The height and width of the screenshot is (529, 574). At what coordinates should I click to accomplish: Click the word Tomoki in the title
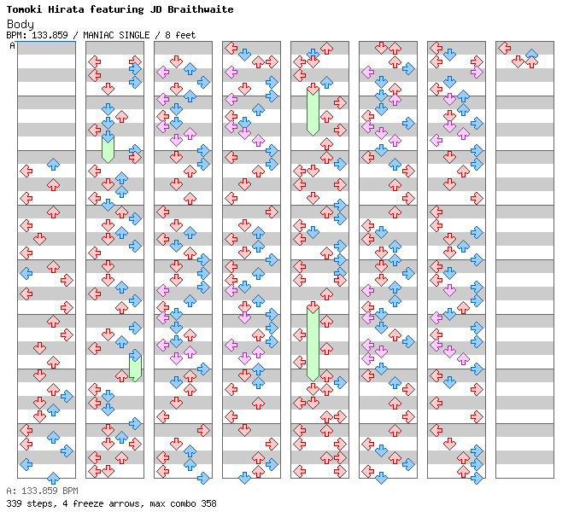pos(24,9)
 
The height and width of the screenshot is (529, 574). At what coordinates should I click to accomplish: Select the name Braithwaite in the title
pos(201,9)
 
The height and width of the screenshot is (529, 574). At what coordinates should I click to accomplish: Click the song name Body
pos(20,25)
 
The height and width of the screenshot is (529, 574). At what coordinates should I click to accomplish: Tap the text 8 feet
pos(180,35)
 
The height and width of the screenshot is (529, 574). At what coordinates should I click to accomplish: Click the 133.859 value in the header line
pos(50,35)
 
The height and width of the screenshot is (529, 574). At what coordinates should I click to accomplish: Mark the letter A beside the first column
pos(13,46)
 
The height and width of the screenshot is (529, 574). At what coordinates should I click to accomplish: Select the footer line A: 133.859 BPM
pos(42,491)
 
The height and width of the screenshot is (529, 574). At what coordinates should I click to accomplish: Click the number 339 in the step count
pos(14,503)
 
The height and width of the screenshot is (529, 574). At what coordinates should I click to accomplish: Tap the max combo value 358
pos(208,503)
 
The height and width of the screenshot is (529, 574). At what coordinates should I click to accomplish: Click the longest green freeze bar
pos(313,344)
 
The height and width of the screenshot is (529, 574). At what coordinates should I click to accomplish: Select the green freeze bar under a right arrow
pos(136,369)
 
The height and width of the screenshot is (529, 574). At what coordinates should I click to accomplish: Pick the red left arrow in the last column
pos(505,48)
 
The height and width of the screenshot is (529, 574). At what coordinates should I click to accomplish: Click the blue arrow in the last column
pos(531,54)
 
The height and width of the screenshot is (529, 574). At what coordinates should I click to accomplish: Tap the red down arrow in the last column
pos(518,61)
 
